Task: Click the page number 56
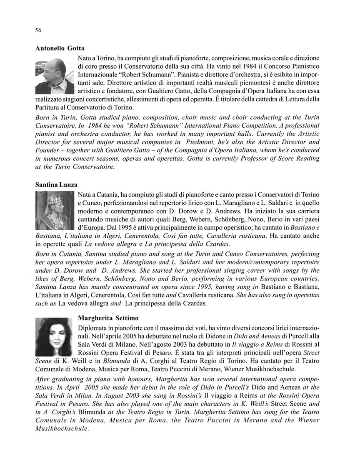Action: pos(38,30)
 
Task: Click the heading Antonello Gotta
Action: pos(60,48)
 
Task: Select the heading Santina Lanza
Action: pos(56,184)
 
